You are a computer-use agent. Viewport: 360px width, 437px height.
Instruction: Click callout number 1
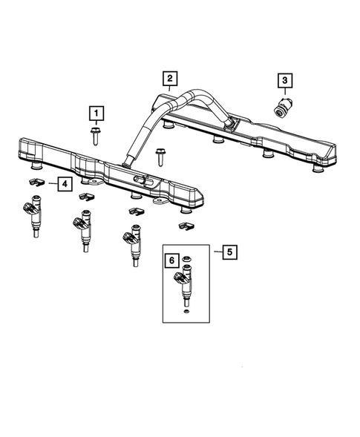pyautogui.click(x=96, y=114)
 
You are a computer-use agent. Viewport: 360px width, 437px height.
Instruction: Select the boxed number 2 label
pyautogui.click(x=169, y=79)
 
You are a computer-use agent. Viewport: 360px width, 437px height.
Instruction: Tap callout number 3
pyautogui.click(x=284, y=81)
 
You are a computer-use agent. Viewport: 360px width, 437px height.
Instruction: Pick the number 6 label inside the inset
pyautogui.click(x=171, y=260)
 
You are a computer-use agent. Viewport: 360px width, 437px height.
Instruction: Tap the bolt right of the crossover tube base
pyautogui.click(x=160, y=156)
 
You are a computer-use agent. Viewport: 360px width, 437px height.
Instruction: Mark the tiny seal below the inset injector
pyautogui.click(x=185, y=313)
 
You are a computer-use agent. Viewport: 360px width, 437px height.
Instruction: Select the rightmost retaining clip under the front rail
pyautogui.click(x=185, y=225)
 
